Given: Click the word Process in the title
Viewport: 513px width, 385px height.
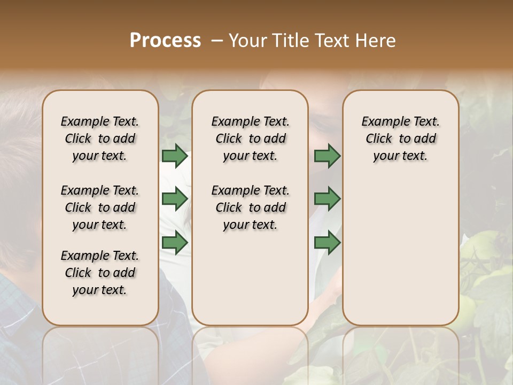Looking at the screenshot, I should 165,41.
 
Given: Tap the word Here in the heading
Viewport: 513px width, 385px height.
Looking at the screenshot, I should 377,41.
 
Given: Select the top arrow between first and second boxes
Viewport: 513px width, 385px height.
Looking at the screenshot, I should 175,156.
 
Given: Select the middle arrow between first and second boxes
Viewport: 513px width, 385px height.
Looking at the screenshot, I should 175,199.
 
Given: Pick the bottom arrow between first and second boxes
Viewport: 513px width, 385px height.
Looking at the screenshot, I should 175,243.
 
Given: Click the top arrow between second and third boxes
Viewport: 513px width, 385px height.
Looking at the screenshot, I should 327,156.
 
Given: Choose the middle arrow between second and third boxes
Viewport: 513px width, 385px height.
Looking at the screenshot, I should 327,199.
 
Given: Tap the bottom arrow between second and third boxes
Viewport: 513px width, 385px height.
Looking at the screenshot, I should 327,243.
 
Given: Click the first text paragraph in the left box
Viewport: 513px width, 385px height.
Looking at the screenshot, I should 100,138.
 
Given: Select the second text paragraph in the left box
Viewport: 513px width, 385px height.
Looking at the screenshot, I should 100,207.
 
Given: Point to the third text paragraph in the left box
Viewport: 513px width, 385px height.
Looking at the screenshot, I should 100,273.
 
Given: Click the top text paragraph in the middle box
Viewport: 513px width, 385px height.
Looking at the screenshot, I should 250,138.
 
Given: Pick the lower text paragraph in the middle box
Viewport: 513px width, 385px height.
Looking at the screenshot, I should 250,207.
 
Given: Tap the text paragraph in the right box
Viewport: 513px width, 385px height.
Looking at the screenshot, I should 400,138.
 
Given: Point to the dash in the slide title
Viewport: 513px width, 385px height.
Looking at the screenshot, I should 217,41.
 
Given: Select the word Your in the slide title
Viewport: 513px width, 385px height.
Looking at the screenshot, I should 247,41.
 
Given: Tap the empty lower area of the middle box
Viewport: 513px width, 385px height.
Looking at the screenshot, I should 250,278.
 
